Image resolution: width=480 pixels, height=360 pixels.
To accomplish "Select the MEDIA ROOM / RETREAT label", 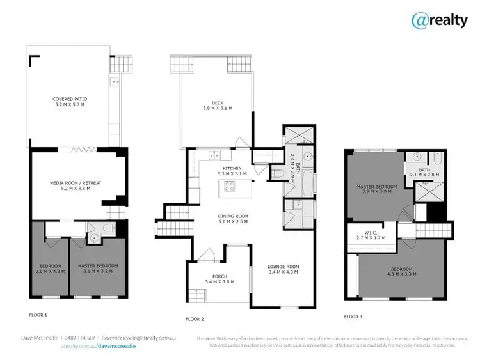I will point(75,185).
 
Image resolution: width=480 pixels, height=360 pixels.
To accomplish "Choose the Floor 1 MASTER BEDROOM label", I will point(98,267).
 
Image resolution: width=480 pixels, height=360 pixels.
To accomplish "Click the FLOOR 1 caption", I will point(38,315).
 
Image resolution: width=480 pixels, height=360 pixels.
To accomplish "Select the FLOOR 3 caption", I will point(354,316).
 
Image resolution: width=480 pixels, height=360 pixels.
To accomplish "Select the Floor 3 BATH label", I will point(424,172).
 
